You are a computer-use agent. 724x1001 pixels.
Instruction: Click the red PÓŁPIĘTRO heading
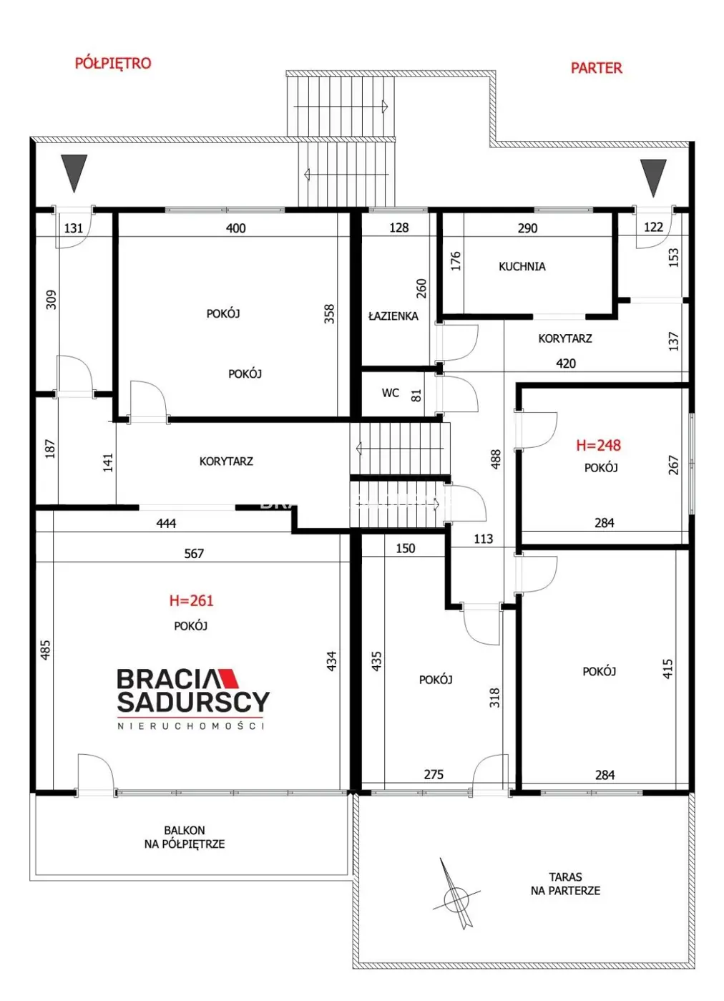pyautogui.click(x=112, y=63)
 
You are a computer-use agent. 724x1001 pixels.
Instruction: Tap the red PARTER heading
pyautogui.click(x=596, y=68)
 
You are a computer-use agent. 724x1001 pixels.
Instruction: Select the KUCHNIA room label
pyautogui.click(x=522, y=266)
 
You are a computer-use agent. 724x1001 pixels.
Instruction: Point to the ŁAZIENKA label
pyautogui.click(x=393, y=316)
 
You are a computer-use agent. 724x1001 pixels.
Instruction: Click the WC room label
pyautogui.click(x=390, y=393)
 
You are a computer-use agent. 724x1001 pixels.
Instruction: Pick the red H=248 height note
pyautogui.click(x=598, y=445)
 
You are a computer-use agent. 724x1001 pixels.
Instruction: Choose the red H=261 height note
pyautogui.click(x=191, y=600)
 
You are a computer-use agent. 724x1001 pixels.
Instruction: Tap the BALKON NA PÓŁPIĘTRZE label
pyautogui.click(x=184, y=837)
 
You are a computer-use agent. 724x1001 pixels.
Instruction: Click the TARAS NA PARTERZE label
pyautogui.click(x=565, y=884)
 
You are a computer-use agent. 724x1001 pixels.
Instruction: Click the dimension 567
pyautogui.click(x=194, y=554)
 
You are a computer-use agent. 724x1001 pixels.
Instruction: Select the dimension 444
pyautogui.click(x=166, y=523)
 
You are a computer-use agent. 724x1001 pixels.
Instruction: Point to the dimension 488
pyautogui.click(x=496, y=459)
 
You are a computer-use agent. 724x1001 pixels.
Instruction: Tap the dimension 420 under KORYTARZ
pyautogui.click(x=566, y=363)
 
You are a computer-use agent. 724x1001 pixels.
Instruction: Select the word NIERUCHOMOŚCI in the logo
pyautogui.click(x=191, y=726)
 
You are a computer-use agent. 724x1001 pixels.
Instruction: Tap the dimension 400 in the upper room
pyautogui.click(x=235, y=228)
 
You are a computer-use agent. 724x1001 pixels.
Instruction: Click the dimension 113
pyautogui.click(x=483, y=539)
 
